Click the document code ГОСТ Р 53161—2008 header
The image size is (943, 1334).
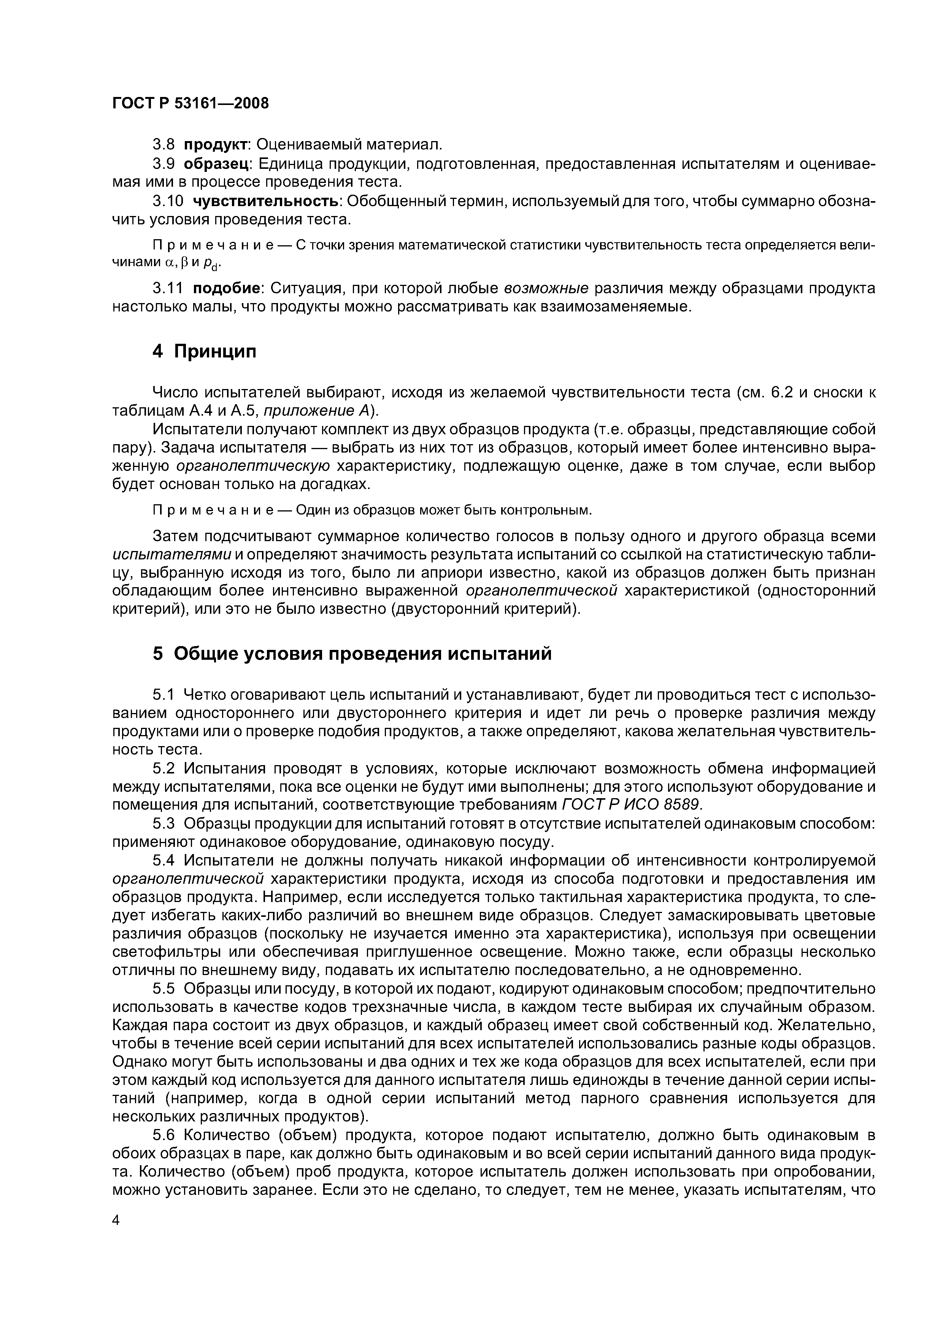[191, 103]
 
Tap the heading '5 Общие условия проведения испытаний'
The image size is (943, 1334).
[351, 654]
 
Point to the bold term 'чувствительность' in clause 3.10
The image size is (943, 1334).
[267, 201]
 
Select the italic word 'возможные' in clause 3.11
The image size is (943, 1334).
[546, 288]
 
